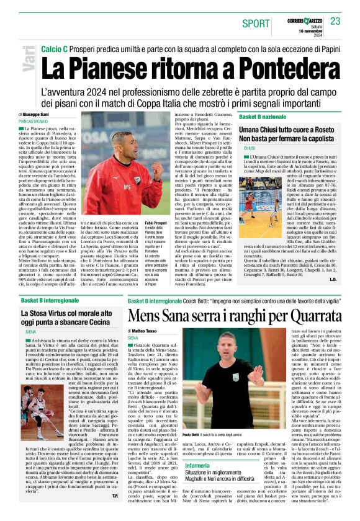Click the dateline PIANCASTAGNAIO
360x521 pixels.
click(x=36, y=122)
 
